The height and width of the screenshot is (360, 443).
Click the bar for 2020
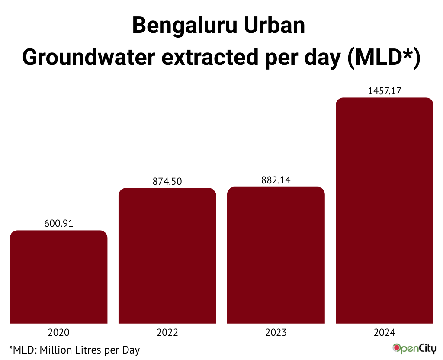[x=58, y=277]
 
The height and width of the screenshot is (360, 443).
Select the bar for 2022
[x=167, y=256]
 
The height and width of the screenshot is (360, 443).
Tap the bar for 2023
[x=276, y=255]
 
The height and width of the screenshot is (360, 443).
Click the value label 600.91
[x=58, y=224]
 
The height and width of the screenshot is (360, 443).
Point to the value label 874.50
[x=167, y=181]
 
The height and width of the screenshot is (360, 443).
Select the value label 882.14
[x=276, y=180]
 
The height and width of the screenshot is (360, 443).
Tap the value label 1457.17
[x=385, y=91]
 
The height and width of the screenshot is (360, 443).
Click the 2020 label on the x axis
[x=58, y=333]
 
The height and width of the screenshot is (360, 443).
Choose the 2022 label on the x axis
[x=167, y=333]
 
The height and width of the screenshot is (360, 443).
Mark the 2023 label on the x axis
[x=276, y=333]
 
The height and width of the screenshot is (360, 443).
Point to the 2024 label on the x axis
[x=385, y=333]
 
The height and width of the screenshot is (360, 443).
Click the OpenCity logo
[x=414, y=348]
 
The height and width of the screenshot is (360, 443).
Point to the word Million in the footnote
[x=55, y=349]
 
